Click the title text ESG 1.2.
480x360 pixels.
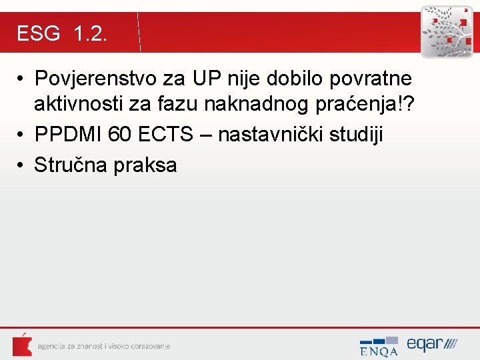coord(61,33)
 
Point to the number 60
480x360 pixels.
coord(120,135)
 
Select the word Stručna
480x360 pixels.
coord(71,165)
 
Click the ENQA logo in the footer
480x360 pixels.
coord(379,346)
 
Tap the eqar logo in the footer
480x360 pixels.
coord(432,344)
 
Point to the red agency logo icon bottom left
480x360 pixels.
coord(21,345)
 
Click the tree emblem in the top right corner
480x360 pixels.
coord(446,31)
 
